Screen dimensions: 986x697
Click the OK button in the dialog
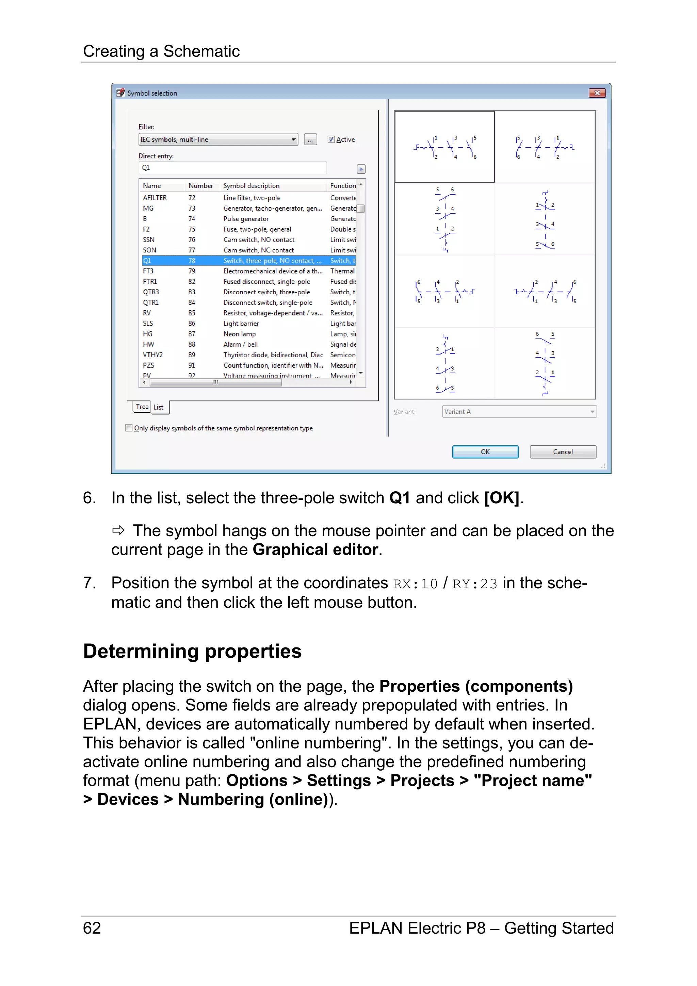pos(485,452)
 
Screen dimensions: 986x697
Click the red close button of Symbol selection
pos(597,93)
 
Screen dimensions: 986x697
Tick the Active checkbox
pos(331,139)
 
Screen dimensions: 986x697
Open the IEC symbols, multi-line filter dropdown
pos(293,139)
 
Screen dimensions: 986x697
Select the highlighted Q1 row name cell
pos(147,261)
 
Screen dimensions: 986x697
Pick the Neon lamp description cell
pos(240,334)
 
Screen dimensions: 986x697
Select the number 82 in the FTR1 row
pos(192,282)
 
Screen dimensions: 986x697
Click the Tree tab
pos(142,407)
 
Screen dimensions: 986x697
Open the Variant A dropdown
pos(592,411)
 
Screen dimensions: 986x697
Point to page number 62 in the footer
pos(92,928)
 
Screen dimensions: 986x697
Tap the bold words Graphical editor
pos(315,550)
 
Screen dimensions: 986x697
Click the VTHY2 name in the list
pos(153,355)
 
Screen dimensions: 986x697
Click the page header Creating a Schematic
pos(161,51)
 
